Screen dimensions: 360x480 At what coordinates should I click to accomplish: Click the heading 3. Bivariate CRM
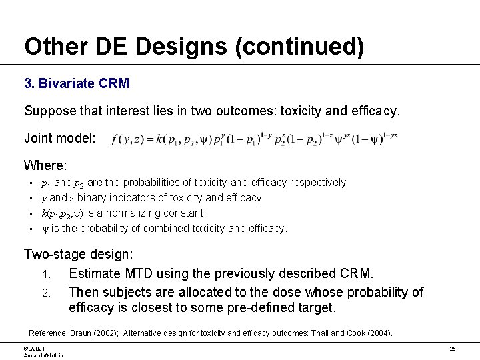(77, 84)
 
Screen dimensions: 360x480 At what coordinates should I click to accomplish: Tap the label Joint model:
(60, 138)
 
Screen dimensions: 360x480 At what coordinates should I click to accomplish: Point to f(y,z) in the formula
(126, 139)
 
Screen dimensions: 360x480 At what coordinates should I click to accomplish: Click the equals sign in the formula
(150, 139)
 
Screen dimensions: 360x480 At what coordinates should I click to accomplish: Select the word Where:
(45, 165)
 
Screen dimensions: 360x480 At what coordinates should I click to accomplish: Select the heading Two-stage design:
(79, 254)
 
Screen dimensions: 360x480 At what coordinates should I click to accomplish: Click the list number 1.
(46, 274)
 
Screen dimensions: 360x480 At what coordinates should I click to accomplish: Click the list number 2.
(46, 293)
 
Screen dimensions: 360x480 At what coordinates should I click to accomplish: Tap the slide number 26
(452, 349)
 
